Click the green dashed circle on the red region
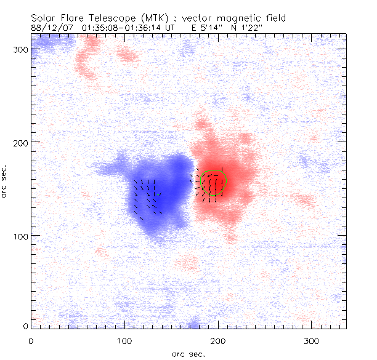214,182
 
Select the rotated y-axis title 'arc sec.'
6,182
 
